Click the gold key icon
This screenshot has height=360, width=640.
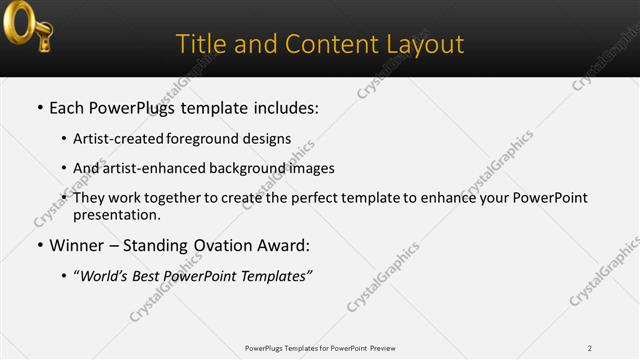pyautogui.click(x=27, y=27)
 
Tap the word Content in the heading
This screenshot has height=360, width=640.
pyautogui.click(x=328, y=44)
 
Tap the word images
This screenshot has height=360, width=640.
pyautogui.click(x=310, y=168)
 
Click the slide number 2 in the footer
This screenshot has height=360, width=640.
pyautogui.click(x=590, y=348)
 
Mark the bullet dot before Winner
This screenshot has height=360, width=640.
pyautogui.click(x=39, y=246)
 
